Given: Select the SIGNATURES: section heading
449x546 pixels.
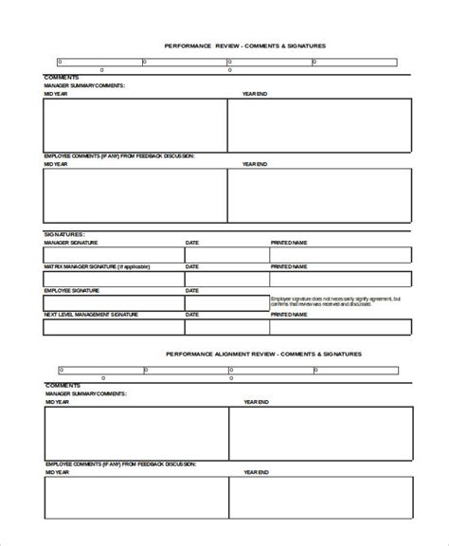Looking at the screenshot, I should click(x=64, y=233).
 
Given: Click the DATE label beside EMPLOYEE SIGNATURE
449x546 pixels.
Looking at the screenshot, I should click(x=192, y=291).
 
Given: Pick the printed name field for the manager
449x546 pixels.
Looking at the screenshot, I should click(x=340, y=255).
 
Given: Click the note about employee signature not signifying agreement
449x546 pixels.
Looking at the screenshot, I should click(x=336, y=302).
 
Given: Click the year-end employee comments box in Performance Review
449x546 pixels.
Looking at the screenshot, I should click(x=319, y=195).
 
